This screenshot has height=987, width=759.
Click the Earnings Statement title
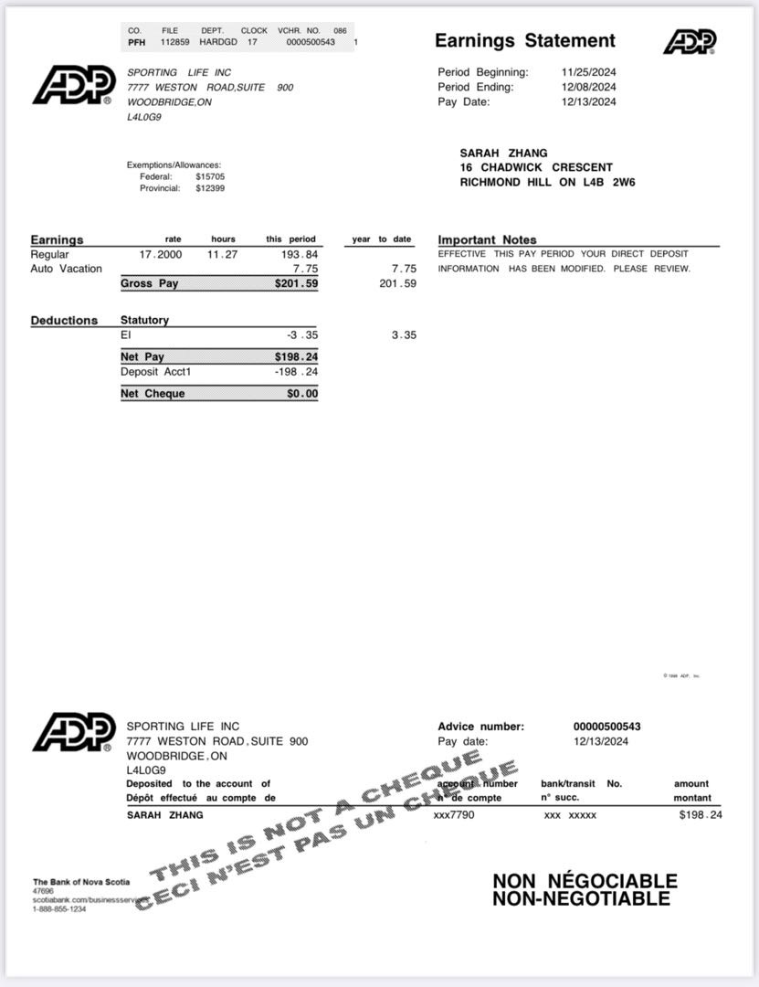524,40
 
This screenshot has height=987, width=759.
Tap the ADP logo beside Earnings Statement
690,41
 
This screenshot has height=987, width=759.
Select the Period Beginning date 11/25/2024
588,72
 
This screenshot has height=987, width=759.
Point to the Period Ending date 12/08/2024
588,87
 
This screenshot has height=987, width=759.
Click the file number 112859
175,42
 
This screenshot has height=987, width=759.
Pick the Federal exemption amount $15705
210,176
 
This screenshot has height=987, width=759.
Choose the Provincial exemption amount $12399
210,188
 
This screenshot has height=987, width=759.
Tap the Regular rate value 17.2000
161,254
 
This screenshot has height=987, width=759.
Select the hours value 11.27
222,254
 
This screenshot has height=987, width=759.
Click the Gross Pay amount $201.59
296,284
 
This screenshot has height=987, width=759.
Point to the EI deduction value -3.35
302,335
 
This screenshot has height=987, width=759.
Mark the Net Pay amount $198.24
296,357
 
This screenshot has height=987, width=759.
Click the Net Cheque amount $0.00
302,394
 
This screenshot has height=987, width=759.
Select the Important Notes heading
487,240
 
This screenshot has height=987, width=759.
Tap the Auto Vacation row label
66,269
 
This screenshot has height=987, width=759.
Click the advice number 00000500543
606,727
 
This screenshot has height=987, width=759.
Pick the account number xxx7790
454,814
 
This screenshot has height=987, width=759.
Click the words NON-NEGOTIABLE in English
581,899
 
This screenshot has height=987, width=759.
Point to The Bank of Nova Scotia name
81,882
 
